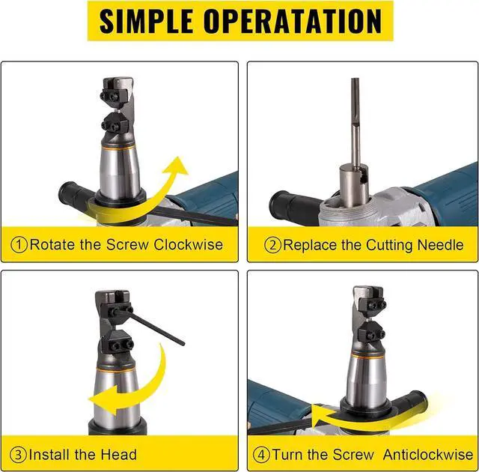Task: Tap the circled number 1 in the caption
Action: pyautogui.click(x=19, y=245)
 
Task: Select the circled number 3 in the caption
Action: pyautogui.click(x=19, y=454)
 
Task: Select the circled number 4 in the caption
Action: pyautogui.click(x=260, y=454)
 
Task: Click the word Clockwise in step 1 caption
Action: pyautogui.click(x=192, y=245)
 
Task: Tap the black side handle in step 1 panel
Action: pyautogui.click(x=75, y=196)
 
